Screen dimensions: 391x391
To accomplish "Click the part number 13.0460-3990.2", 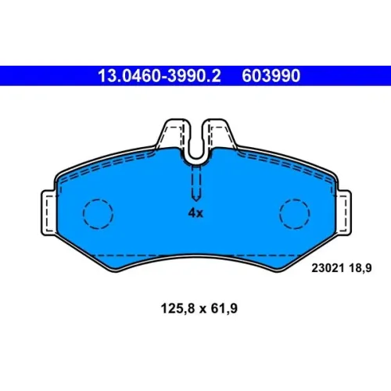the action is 160,76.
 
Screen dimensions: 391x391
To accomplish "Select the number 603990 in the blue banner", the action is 271,76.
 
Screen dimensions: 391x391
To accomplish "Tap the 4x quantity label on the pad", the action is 195,213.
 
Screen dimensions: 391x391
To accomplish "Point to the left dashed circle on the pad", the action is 98,213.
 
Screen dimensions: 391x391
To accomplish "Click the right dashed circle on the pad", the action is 295,213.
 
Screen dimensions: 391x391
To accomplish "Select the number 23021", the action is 328,267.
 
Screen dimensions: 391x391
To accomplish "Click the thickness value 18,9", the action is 361,268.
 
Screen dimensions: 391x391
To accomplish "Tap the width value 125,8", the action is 178,308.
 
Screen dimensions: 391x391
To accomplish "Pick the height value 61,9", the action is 224,308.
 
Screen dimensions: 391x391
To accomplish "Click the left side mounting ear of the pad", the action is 48,213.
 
